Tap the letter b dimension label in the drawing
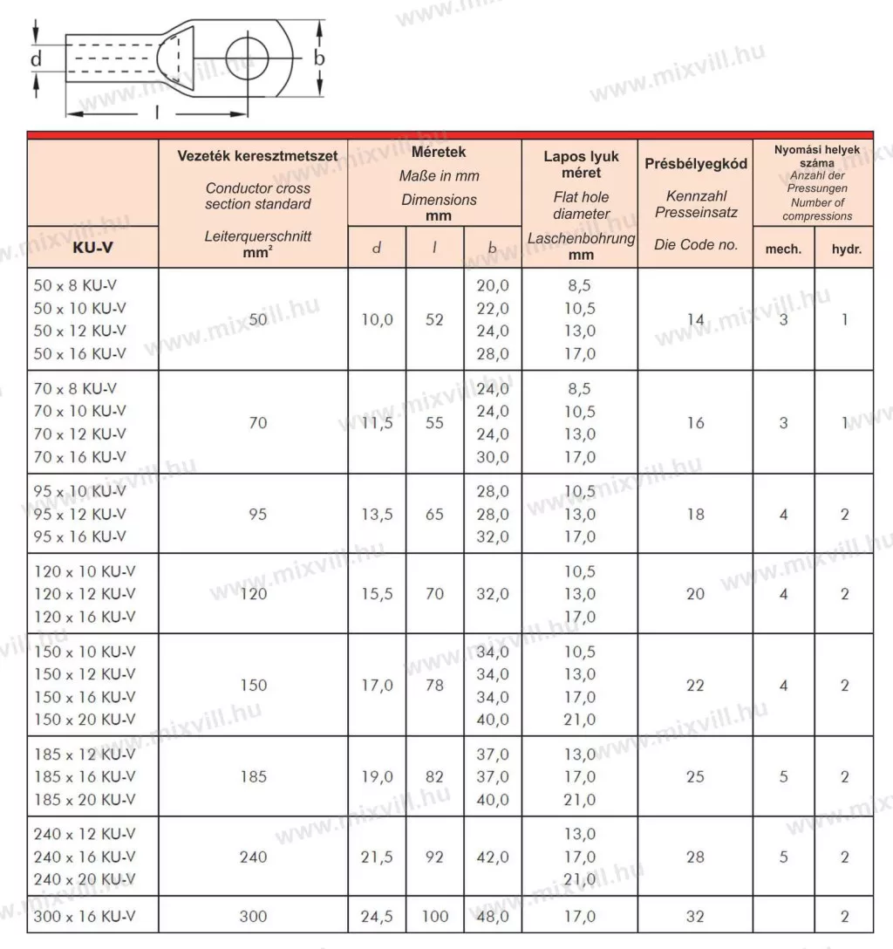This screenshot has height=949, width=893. [x=319, y=58]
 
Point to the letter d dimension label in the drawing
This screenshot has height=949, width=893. [x=36, y=59]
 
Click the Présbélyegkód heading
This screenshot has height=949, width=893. [x=695, y=164]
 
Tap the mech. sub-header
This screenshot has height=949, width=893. [x=783, y=249]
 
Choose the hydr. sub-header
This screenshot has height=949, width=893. [x=844, y=249]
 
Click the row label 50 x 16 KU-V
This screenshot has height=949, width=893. [x=79, y=353]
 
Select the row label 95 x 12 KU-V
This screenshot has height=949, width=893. [x=79, y=514]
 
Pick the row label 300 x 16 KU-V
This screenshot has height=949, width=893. [x=85, y=916]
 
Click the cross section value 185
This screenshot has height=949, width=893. [x=253, y=776]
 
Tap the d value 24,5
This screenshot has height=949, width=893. [x=377, y=916]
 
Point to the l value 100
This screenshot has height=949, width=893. [x=434, y=916]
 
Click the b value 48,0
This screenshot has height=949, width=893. [x=493, y=916]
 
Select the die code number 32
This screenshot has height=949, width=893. [x=695, y=916]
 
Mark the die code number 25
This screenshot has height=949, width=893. [x=695, y=776]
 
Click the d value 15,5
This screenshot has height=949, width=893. [x=377, y=594]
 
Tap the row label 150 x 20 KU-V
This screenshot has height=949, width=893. [x=85, y=720]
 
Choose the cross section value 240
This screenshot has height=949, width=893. [x=253, y=857]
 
